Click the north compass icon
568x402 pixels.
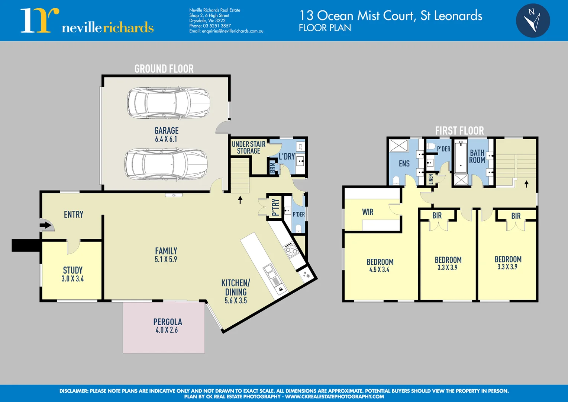pos(533,20)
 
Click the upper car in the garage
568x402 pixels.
pos(169,103)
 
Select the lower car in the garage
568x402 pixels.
pos(166,165)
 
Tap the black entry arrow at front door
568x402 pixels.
pos(45,225)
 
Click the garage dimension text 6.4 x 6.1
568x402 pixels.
pos(166,139)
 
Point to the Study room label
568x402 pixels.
pos(73,270)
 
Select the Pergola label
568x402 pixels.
pos(168,322)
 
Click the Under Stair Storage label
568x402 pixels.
pos(249,147)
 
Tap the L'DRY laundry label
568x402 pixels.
pos(287,157)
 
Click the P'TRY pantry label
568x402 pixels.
pos(275,207)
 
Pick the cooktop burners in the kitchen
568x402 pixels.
pos(291,249)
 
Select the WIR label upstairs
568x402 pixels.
pos(368,212)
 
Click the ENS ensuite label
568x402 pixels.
pos(404,164)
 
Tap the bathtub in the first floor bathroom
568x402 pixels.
pos(461,158)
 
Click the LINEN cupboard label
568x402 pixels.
pos(431,179)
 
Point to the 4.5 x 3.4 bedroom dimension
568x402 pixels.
pos(379,270)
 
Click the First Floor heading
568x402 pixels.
pos(459,131)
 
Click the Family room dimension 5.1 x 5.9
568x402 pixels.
pos(166,259)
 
